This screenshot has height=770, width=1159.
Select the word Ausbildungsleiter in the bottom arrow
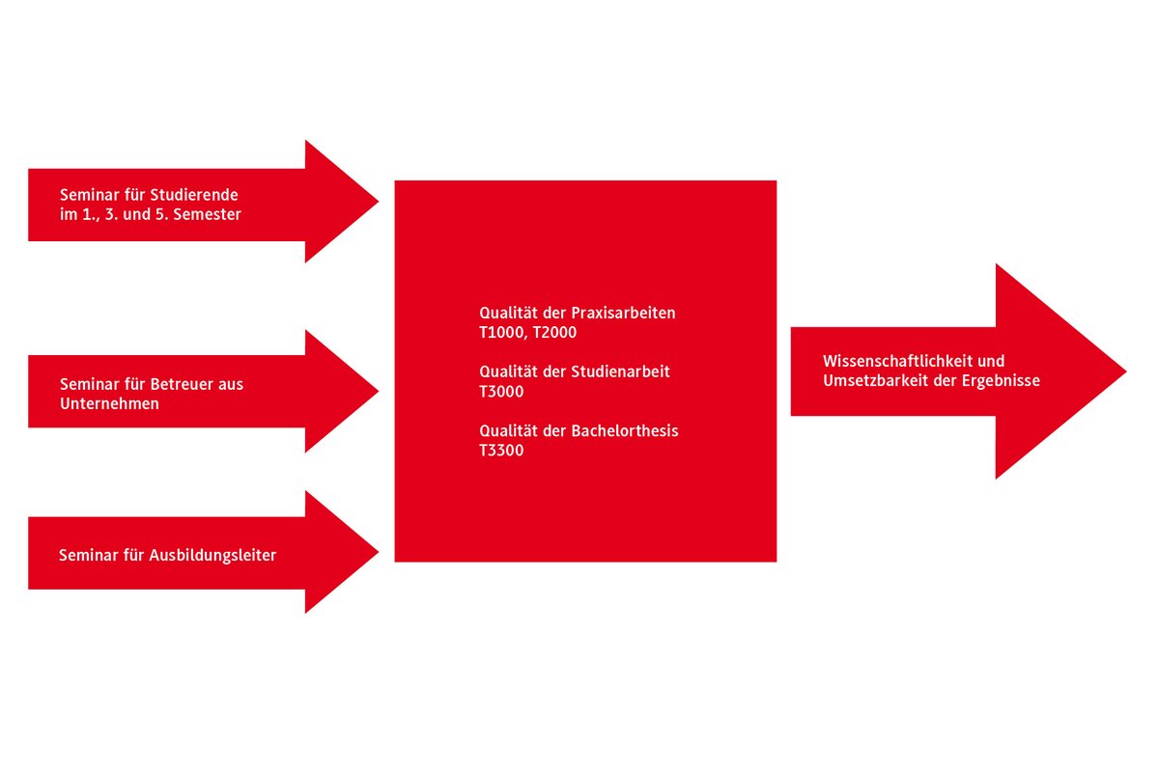[x=212, y=555]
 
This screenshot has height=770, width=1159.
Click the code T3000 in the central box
[x=501, y=392]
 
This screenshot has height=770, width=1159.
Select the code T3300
[x=501, y=451]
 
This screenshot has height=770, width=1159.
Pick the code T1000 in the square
[x=501, y=333]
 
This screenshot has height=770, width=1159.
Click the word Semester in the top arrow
[x=208, y=215]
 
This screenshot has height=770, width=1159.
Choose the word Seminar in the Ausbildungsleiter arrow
[x=86, y=555]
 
